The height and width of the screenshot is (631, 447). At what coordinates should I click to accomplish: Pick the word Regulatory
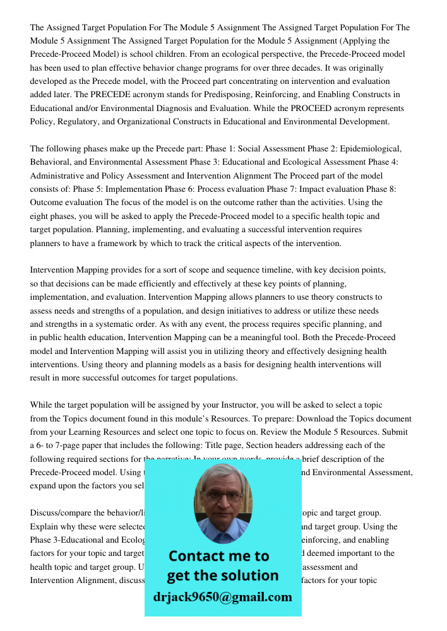[x=76, y=122]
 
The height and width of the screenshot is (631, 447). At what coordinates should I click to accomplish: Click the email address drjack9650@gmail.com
[x=223, y=597]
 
